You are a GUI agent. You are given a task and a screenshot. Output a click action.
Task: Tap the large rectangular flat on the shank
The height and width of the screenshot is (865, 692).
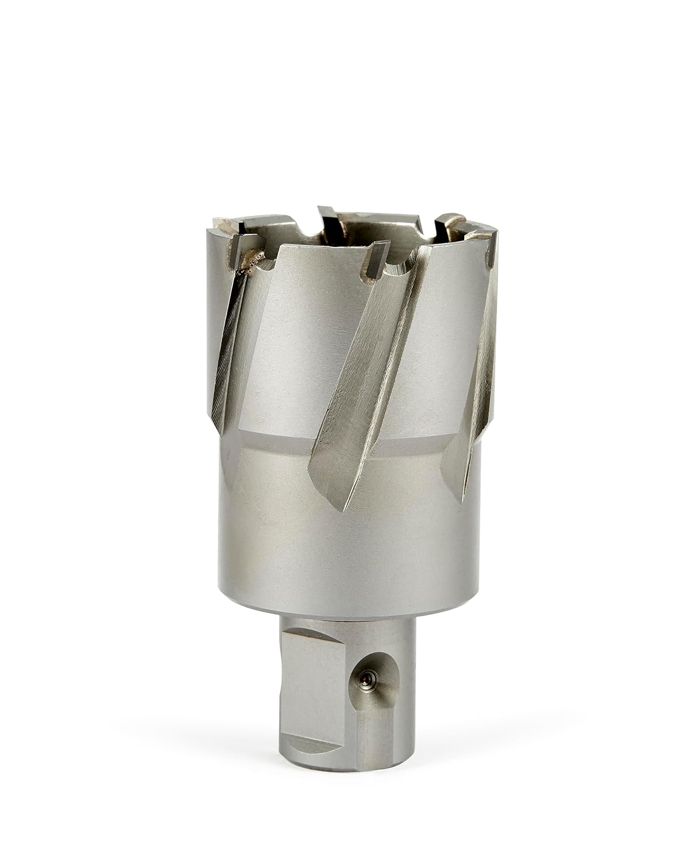pyautogui.click(x=314, y=680)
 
